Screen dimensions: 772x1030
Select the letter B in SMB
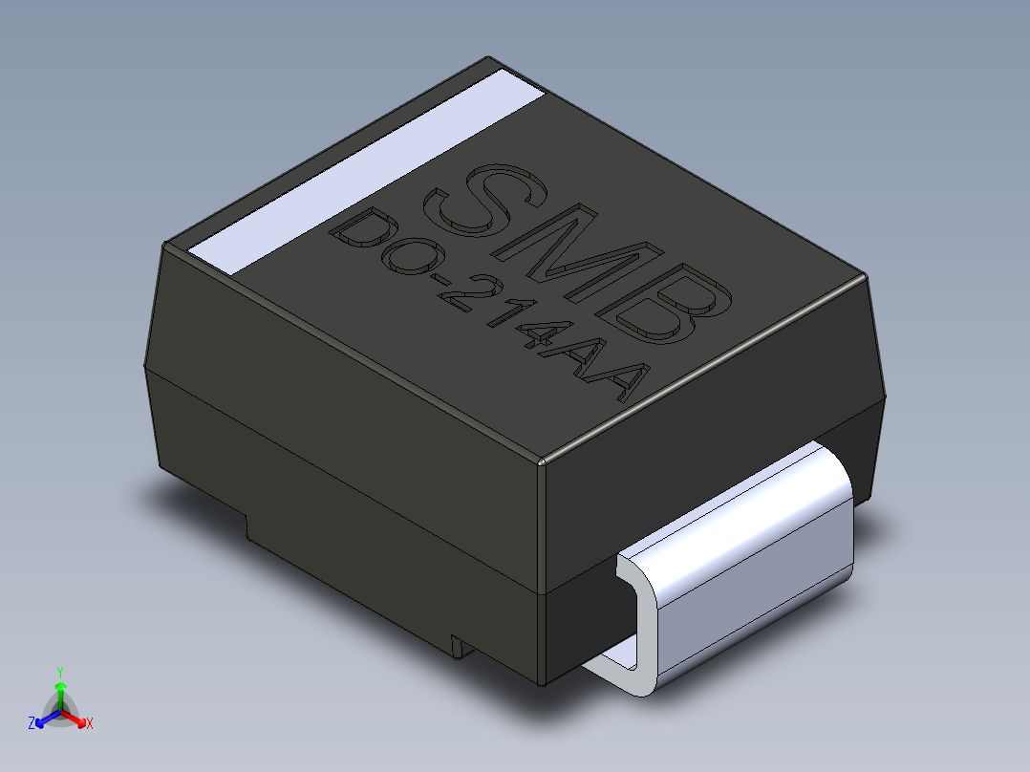[672, 304]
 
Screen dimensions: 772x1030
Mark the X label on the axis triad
[89, 724]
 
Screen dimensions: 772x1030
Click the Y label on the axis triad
[59, 671]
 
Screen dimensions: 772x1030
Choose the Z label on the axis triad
[32, 724]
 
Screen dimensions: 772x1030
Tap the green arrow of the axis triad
[59, 690]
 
